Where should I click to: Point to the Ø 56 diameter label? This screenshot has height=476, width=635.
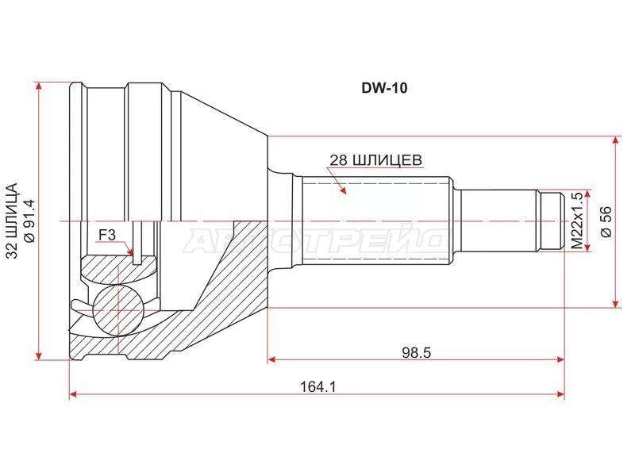pyautogui.click(x=606, y=222)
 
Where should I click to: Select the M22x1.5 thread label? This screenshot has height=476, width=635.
pyautogui.click(x=577, y=221)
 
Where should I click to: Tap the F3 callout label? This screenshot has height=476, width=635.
pyautogui.click(x=106, y=234)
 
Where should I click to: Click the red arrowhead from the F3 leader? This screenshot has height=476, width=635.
pyautogui.click(x=133, y=253)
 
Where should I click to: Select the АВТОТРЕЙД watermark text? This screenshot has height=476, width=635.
pyautogui.click(x=317, y=238)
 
